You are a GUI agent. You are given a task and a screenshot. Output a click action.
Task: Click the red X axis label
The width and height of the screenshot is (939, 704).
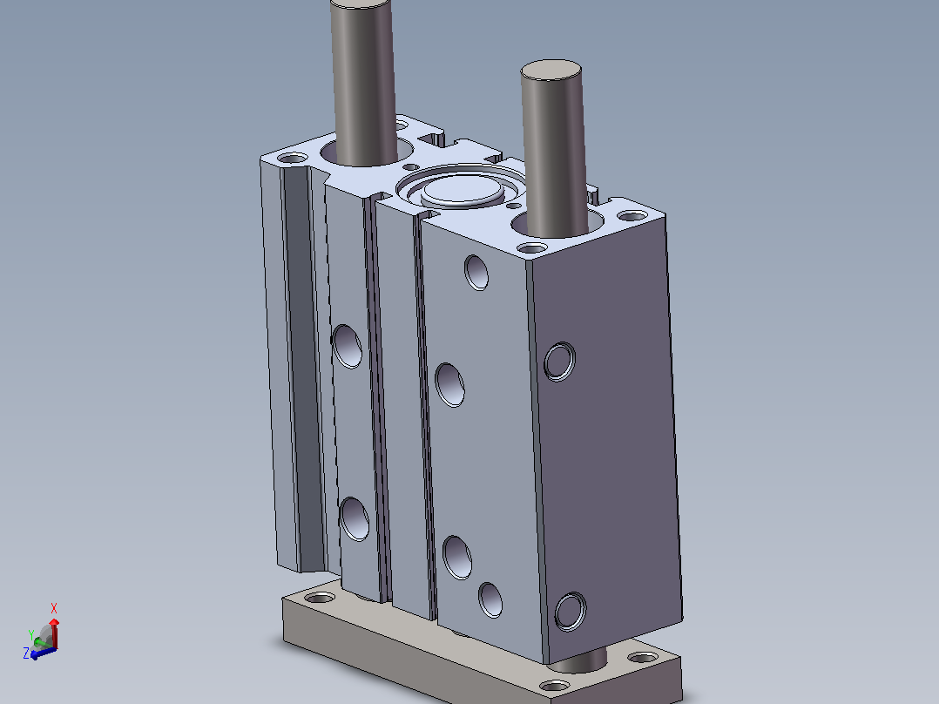coord(54,608)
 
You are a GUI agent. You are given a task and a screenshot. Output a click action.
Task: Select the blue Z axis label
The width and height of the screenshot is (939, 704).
coord(26,653)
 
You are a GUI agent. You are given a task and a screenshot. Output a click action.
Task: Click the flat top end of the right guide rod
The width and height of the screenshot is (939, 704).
coord(551,69)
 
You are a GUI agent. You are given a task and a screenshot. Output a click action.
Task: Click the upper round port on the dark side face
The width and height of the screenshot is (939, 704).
coord(560,362)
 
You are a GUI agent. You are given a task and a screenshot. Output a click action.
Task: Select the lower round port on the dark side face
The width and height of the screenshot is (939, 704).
coord(570,611)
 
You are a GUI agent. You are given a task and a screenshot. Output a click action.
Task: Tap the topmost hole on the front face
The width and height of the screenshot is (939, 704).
coord(476,273)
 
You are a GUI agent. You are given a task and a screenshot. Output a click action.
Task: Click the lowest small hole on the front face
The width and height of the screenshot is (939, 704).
coord(490,599)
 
